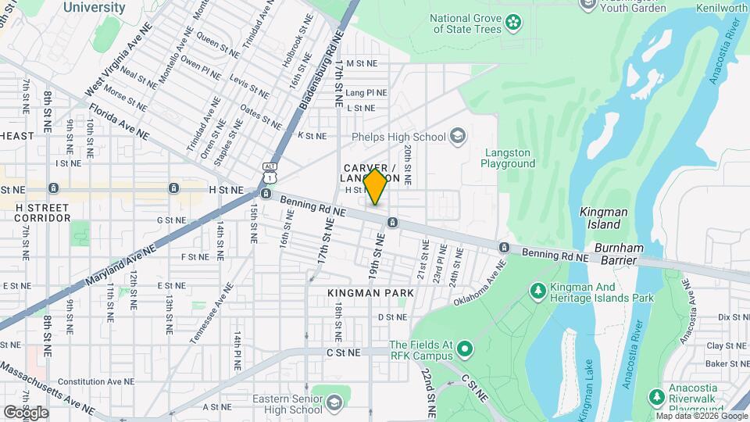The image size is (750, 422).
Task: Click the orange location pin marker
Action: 376,187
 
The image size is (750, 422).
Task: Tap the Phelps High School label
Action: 398,138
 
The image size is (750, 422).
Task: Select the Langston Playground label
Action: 509,158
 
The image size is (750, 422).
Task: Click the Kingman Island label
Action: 600,218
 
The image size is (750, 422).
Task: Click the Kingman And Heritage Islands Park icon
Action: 537,291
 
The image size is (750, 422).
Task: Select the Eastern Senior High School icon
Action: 334,402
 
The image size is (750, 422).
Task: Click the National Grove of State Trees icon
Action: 513,22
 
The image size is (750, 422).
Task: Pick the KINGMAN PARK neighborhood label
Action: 370,292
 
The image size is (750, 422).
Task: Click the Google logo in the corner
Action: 26,412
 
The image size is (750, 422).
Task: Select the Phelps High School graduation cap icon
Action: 458,138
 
